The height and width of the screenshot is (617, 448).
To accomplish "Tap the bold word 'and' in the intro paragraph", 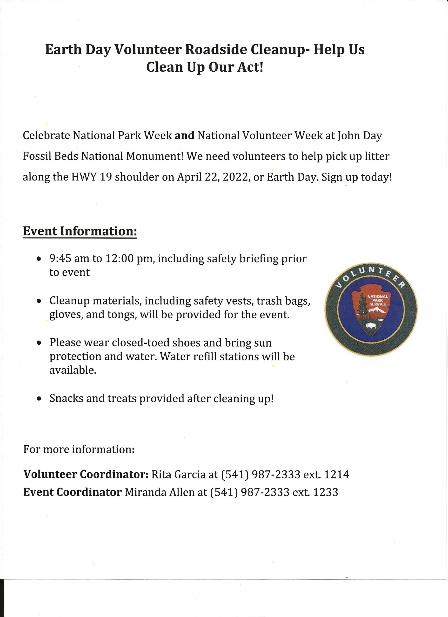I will (x=184, y=135).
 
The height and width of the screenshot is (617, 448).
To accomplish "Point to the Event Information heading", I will (x=80, y=231).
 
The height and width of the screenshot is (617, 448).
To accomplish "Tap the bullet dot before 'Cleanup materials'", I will (x=39, y=301).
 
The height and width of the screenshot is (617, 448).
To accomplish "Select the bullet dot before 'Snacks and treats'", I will (x=39, y=399).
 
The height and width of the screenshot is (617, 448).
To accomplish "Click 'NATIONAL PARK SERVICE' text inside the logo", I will (x=378, y=300).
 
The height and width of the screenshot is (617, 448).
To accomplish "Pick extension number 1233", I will (x=326, y=492).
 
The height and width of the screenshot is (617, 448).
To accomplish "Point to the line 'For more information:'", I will (x=79, y=449).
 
